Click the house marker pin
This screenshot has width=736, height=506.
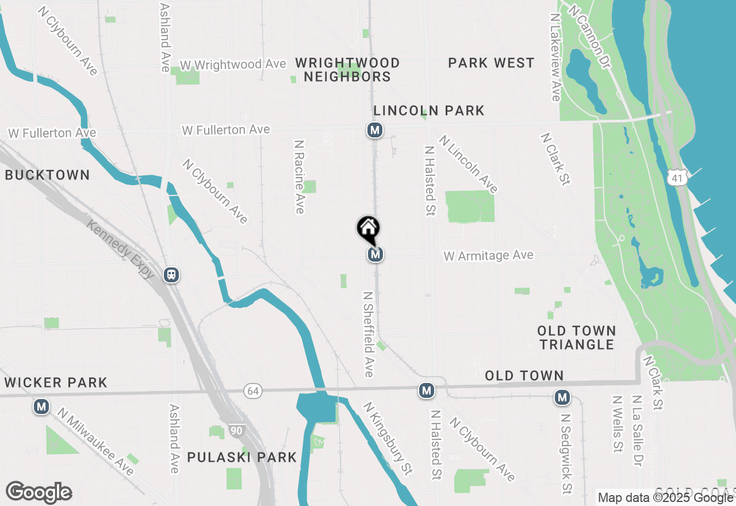click(368, 229)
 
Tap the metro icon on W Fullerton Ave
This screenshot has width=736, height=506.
click(375, 131)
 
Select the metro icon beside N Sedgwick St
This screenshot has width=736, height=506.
click(562, 397)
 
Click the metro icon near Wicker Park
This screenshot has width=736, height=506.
click(41, 407)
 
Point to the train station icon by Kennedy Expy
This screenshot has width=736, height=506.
click(171, 275)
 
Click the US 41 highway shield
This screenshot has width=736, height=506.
click(678, 178)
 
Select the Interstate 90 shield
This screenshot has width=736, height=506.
click(237, 431)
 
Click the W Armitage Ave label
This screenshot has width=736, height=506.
click(489, 255)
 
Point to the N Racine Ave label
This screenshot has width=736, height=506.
click(298, 177)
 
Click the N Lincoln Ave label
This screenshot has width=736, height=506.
click(467, 164)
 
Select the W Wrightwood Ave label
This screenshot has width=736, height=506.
click(233, 64)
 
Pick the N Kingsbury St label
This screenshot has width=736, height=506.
click(388, 438)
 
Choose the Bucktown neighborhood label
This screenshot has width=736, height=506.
click(47, 175)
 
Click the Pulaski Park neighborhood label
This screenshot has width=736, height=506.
click(242, 457)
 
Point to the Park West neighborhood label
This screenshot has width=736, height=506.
click(492, 63)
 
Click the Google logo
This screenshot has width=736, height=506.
click(39, 492)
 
